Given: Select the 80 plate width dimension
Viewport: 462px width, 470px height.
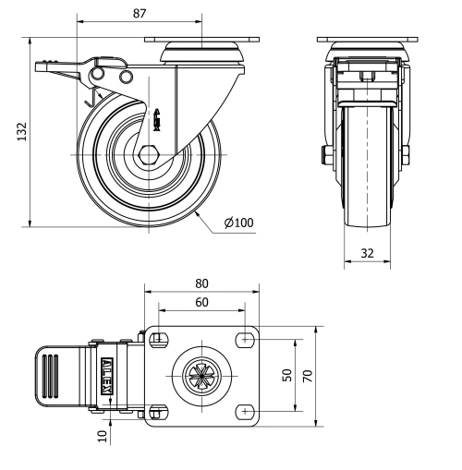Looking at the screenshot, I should (x=201, y=284).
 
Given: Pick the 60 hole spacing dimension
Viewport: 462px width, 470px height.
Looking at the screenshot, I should (x=201, y=302).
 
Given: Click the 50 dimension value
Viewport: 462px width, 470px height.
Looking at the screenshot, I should (x=286, y=375).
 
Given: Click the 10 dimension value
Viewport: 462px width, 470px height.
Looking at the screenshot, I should (x=103, y=430).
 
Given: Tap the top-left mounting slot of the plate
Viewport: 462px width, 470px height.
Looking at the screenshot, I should (x=157, y=339).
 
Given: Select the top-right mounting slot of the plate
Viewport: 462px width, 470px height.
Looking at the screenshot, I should (x=246, y=339).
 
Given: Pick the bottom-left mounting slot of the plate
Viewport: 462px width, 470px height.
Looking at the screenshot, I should (x=157, y=410).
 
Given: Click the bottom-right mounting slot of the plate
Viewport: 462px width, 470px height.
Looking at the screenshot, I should (x=246, y=410).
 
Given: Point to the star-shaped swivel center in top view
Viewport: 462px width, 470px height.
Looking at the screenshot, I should (x=201, y=375).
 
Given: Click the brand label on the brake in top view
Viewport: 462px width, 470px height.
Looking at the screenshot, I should (x=108, y=375).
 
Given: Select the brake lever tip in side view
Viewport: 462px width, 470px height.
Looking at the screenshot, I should (x=41, y=66).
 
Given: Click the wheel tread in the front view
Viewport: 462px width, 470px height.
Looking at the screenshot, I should (x=367, y=185).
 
